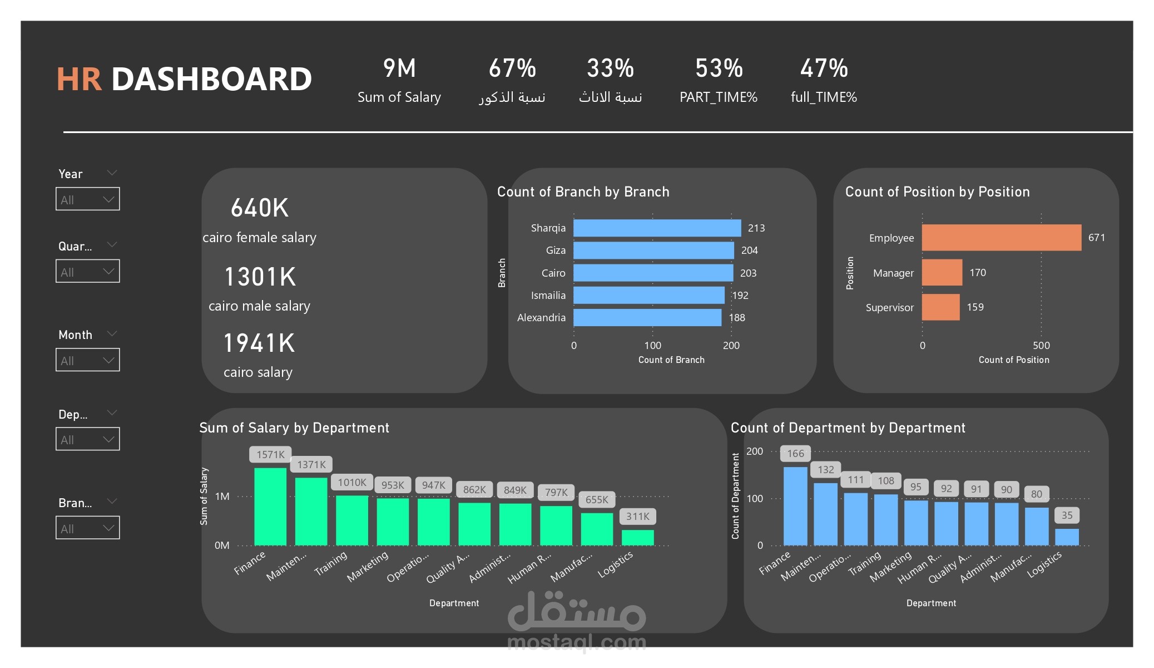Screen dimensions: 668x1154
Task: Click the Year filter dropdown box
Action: click(87, 199)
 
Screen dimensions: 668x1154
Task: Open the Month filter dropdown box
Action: click(87, 360)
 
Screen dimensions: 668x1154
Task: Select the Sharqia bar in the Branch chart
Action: click(657, 228)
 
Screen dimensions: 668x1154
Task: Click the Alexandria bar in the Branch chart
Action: click(647, 318)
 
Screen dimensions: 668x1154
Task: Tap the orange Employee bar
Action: click(1001, 238)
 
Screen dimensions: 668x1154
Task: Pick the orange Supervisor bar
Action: click(940, 307)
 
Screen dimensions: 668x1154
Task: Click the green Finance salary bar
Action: click(270, 506)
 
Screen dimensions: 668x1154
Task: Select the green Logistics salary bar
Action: click(637, 537)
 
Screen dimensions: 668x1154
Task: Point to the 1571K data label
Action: click(270, 454)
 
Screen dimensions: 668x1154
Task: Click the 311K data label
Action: click(637, 517)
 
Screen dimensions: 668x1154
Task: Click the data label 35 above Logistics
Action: click(1067, 515)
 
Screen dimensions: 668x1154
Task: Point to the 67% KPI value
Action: click(512, 69)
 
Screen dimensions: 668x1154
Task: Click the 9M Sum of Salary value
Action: click(399, 69)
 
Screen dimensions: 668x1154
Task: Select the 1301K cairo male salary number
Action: click(260, 277)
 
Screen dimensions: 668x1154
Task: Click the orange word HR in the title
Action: click(79, 79)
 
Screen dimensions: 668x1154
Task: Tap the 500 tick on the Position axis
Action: click(1041, 346)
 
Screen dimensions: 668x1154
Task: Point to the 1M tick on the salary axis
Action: click(222, 497)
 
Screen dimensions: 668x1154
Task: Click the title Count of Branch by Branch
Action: click(583, 192)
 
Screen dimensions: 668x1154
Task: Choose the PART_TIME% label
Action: click(718, 97)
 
